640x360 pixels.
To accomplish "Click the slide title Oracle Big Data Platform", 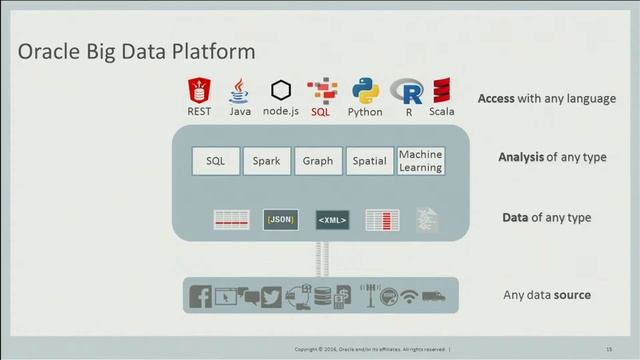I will [x=136, y=50].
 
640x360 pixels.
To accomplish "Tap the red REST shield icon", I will [x=198, y=92].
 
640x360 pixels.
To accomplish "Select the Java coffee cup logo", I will [x=239, y=92].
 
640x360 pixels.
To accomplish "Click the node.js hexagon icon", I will [x=281, y=91].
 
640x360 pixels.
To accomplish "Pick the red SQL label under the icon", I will [x=320, y=112].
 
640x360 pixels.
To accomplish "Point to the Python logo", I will [x=364, y=91].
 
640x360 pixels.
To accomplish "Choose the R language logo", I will [x=408, y=92].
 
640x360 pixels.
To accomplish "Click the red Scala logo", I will [x=441, y=91].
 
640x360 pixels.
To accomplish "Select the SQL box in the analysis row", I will [x=216, y=160].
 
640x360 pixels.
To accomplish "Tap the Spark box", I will [x=266, y=160].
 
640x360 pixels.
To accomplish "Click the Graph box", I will [x=318, y=160].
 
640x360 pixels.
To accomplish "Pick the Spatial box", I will [x=370, y=160].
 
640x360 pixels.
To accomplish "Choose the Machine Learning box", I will [x=420, y=161].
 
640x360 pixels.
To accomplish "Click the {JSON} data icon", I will [x=281, y=218].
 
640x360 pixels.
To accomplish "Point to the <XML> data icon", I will [x=332, y=219].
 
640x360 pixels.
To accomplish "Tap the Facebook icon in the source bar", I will [x=199, y=296].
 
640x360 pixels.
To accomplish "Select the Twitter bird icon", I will [x=271, y=296].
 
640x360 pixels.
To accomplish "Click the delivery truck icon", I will [x=434, y=296].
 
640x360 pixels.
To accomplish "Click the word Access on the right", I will [x=496, y=99].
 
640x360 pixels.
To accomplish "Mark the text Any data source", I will [x=546, y=295].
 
